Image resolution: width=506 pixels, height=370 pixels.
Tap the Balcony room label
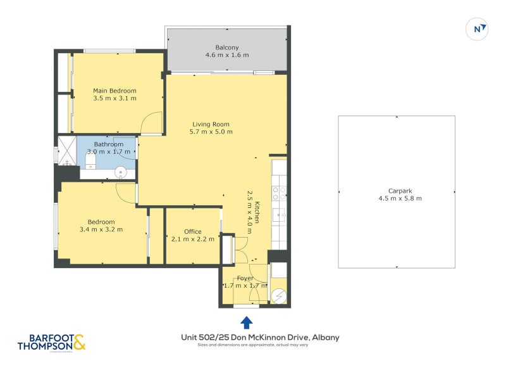pyautogui.click(x=227, y=48)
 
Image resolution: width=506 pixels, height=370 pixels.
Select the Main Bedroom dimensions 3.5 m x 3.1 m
pyautogui.click(x=114, y=98)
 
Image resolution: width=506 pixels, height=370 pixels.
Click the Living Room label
pyautogui.click(x=211, y=124)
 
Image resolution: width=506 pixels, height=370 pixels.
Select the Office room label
pyautogui.click(x=193, y=231)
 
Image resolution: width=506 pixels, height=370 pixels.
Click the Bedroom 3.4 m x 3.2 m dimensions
pyautogui.click(x=101, y=229)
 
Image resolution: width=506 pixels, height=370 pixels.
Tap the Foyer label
pyautogui.click(x=245, y=278)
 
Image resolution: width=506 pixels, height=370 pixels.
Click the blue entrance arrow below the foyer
pyautogui.click(x=247, y=322)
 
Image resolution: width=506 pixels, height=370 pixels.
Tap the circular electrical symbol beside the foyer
pyautogui.click(x=279, y=295)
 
